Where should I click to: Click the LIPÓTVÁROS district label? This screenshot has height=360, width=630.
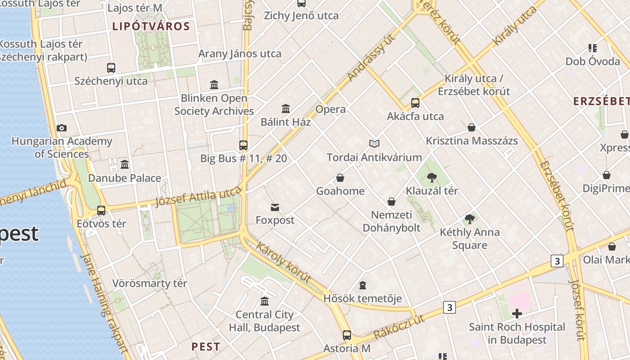coord(151,26)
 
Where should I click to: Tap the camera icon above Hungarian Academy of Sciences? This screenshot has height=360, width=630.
coord(62,128)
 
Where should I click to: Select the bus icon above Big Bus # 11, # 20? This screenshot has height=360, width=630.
coord(243,145)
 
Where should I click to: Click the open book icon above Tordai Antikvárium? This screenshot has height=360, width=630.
coord(374,144)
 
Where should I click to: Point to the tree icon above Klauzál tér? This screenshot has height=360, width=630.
coord(432,178)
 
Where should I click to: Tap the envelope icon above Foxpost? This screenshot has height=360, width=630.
coord(275,207)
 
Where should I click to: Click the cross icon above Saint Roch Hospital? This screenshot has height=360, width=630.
coord(517,314)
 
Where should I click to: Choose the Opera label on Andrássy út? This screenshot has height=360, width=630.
coord(330,109)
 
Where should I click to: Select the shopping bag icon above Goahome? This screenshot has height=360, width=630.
coord(340,178)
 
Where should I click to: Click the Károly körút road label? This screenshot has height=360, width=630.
coord(283,261)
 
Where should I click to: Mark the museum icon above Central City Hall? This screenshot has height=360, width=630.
coord(265,301)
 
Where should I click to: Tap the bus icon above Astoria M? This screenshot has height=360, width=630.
coord(346,335)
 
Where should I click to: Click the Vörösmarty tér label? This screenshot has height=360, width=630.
coord(149,283)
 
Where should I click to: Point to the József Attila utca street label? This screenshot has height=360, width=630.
coord(198,197)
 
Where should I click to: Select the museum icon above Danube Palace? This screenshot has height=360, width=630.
coord(125,165)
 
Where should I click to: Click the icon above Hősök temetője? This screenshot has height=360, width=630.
coord(363,285)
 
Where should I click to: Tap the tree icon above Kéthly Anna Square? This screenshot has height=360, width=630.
coord(470,220)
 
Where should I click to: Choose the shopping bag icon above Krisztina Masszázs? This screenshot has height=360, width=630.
coord(472,128)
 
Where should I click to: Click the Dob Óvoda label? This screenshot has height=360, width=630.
coord(593,61)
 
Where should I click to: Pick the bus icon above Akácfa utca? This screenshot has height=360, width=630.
coord(415,103)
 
